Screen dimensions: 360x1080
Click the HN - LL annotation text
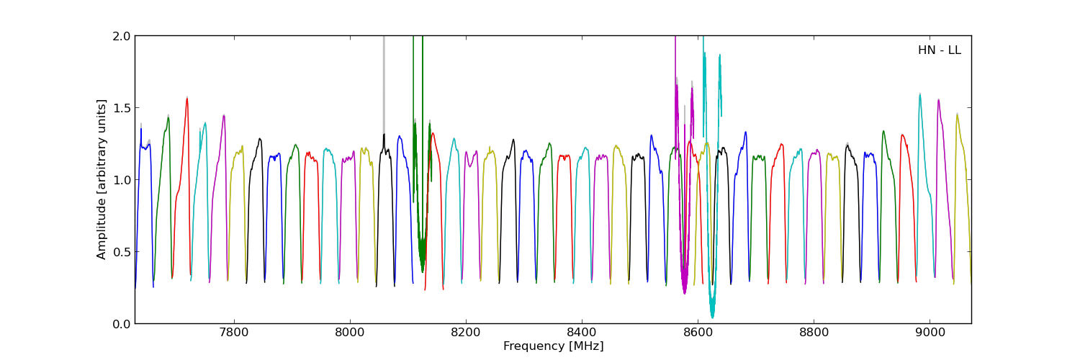(939, 50)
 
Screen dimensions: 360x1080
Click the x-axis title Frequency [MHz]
(553, 346)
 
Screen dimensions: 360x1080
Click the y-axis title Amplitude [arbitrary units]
(102, 179)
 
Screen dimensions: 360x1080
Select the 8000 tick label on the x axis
(349, 333)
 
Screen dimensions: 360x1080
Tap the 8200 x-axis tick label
(466, 333)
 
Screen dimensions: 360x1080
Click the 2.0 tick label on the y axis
(122, 36)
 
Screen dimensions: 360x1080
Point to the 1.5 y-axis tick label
(122, 108)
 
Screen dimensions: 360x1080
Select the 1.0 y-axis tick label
(122, 180)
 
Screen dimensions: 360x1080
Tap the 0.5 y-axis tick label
(122, 252)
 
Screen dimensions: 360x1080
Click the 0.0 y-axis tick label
(122, 324)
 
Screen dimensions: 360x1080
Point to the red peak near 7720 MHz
(186, 99)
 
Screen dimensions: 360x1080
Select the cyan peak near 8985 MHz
(919, 94)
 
